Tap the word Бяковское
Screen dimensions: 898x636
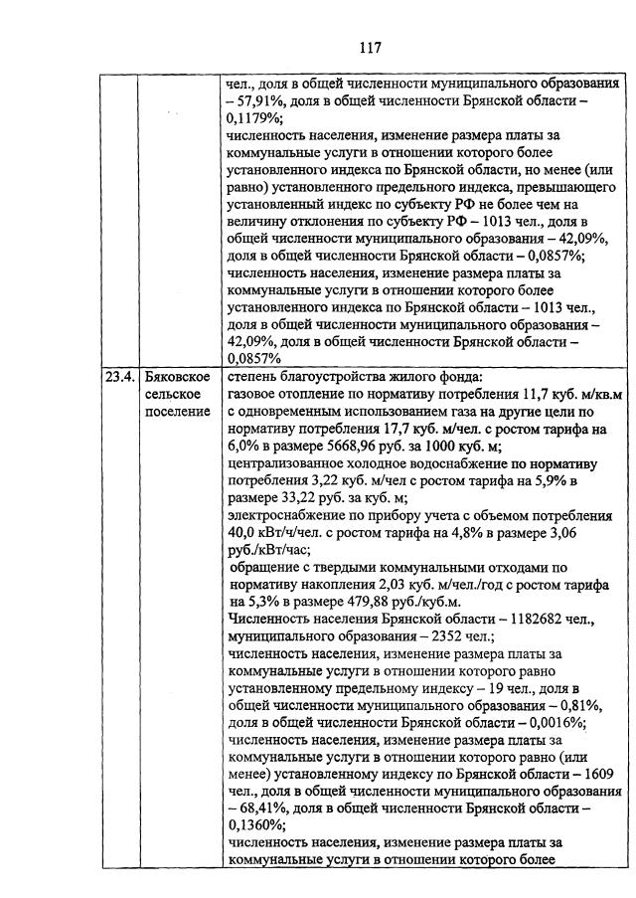click(176, 377)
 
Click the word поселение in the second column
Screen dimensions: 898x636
click(177, 412)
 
